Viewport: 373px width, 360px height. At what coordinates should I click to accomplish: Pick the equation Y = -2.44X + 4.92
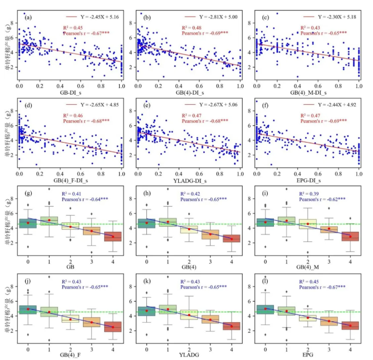325,105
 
